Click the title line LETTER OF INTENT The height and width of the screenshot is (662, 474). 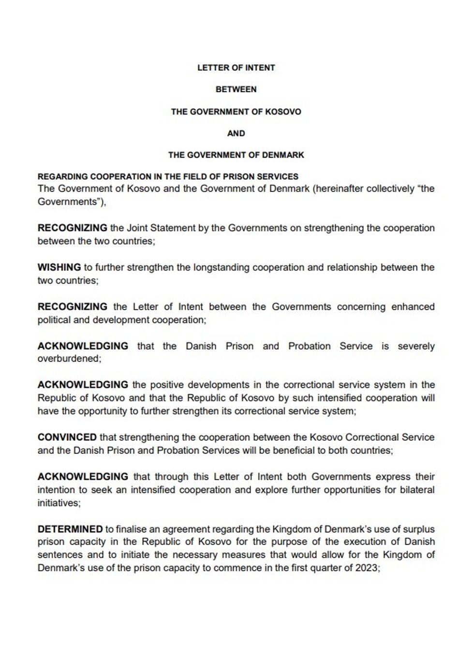pyautogui.click(x=236, y=68)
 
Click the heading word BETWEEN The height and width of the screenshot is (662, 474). pyautogui.click(x=236, y=89)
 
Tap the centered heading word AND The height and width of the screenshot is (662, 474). pyautogui.click(x=236, y=133)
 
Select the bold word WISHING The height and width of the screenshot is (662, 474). pyautogui.click(x=59, y=267)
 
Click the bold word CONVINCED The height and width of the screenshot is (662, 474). pyautogui.click(x=67, y=437)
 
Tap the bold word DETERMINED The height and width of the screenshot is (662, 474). pyautogui.click(x=70, y=529)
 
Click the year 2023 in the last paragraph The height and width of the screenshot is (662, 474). pyautogui.click(x=366, y=568)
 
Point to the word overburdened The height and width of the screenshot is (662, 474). pyautogui.click(x=69, y=359)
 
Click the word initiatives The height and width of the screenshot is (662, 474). pyautogui.click(x=58, y=503)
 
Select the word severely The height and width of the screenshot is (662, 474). pyautogui.click(x=416, y=346)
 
